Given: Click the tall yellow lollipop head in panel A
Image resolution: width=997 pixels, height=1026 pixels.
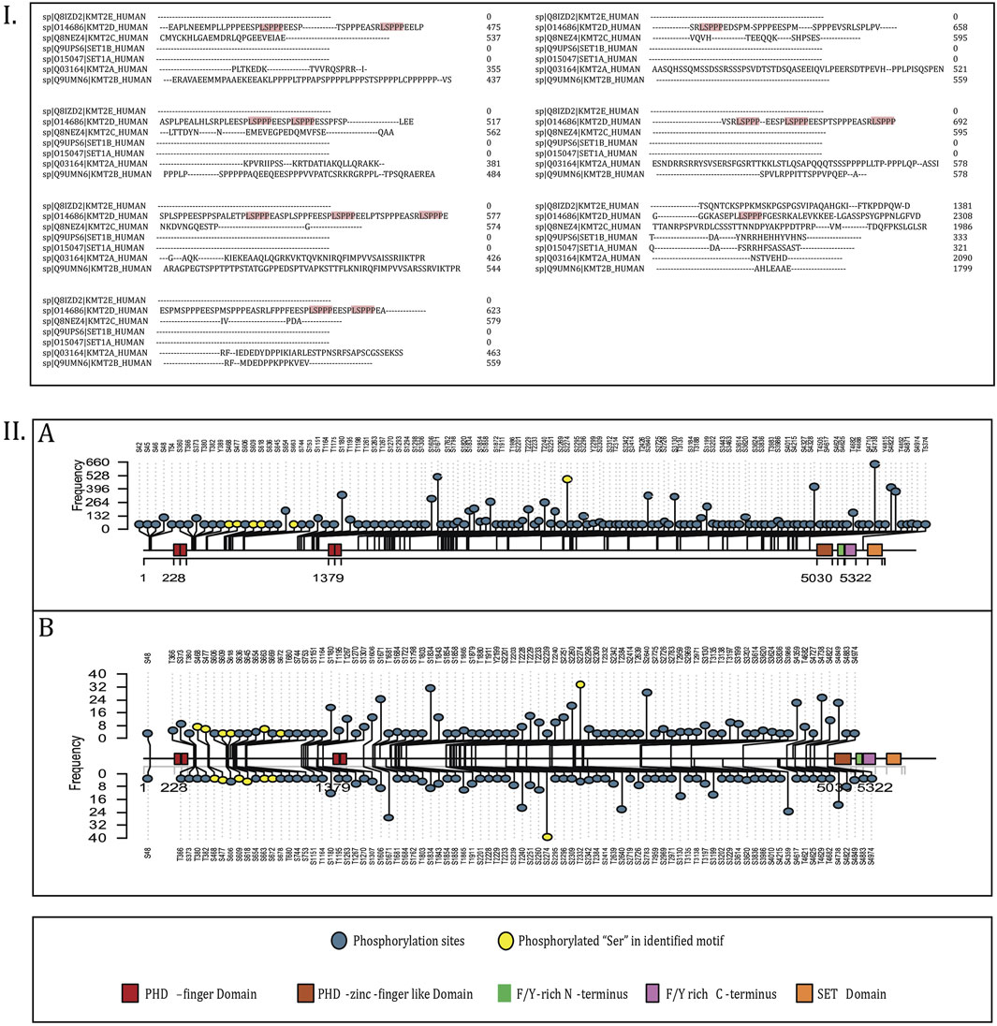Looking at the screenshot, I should (567, 478).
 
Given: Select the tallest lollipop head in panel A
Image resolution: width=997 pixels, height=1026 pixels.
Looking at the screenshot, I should (874, 463).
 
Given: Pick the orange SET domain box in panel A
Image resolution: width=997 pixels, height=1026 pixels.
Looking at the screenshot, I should (874, 550).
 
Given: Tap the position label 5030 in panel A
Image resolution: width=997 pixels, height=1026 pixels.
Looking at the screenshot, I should (825, 577).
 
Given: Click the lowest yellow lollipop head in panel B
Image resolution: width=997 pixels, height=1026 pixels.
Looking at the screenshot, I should (547, 836).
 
